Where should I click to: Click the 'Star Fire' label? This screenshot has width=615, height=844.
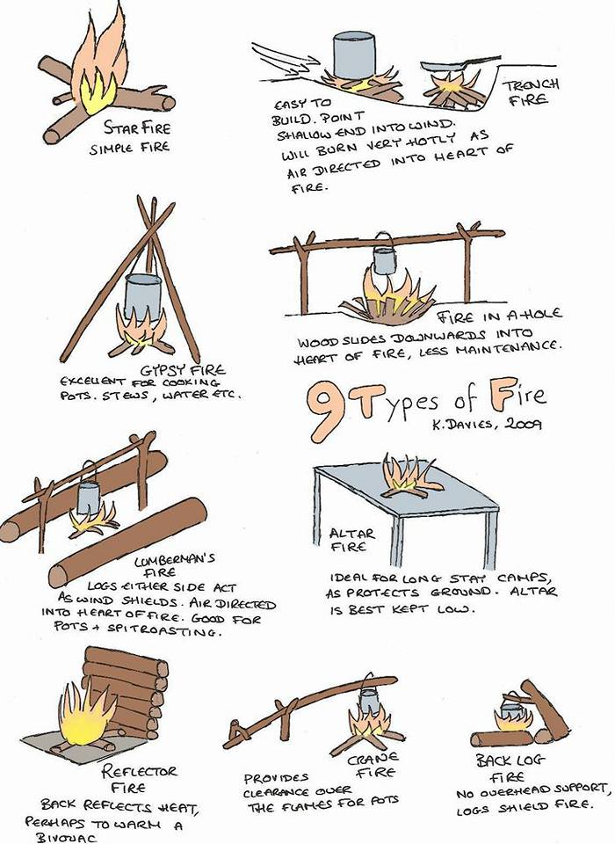[x=137, y=128]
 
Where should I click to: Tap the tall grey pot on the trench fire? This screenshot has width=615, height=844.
[x=353, y=55]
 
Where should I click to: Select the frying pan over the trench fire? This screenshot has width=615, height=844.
[x=459, y=64]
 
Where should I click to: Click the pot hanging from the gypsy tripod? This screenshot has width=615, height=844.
[x=142, y=296]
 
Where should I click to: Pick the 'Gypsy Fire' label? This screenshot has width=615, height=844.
[x=183, y=370]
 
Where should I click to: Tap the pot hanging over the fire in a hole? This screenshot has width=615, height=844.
[x=384, y=260]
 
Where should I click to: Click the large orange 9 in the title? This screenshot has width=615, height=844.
[x=325, y=411]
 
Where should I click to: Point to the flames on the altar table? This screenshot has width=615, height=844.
[x=409, y=475]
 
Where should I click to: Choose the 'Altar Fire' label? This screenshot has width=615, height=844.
[x=352, y=540]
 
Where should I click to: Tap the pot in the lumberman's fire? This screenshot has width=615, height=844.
[x=88, y=497]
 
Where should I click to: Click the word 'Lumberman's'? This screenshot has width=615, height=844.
[x=174, y=560]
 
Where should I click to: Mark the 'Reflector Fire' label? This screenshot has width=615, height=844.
[x=139, y=779]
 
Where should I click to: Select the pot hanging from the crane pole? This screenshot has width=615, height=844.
[x=370, y=700]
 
